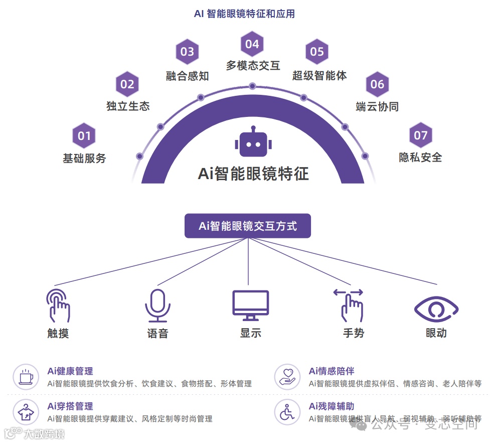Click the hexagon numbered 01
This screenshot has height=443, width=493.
(84, 135)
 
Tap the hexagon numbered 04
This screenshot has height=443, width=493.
(252, 44)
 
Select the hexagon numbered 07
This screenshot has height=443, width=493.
(420, 135)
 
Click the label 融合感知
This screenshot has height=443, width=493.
(188, 76)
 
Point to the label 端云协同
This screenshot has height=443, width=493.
(377, 106)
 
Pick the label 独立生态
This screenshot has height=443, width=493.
(128, 106)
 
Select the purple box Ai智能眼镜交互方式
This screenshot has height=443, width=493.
(248, 226)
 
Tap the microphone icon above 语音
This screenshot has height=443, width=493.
(157, 306)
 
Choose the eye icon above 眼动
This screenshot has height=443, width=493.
(436, 308)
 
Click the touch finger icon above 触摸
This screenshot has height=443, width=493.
(58, 305)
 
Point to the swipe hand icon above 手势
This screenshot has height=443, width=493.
(350, 305)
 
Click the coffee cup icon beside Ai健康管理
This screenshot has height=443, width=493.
(26, 377)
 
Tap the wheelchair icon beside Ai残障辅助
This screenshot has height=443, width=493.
(287, 412)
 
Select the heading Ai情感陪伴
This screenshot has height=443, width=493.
(331, 371)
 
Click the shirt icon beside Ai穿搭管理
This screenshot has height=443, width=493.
(26, 412)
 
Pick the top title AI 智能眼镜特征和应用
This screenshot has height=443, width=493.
(244, 14)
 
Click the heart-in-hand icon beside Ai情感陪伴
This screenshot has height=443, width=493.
(287, 377)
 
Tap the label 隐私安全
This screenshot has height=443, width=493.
(420, 157)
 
